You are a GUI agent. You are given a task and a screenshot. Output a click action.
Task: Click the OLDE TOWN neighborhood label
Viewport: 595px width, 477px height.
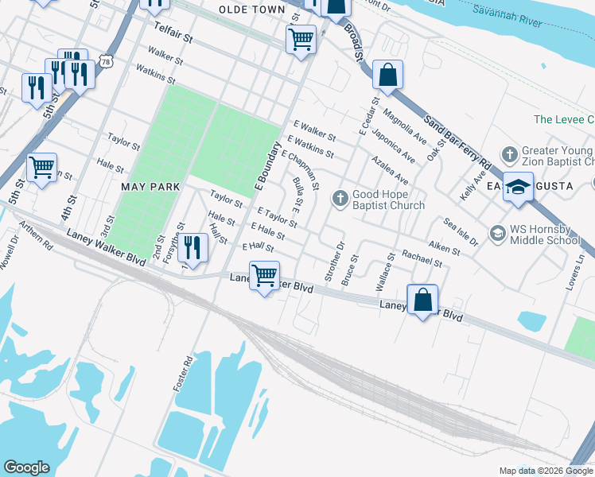(252, 10)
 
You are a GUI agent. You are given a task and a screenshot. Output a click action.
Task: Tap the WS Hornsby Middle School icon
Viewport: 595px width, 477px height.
(498, 233)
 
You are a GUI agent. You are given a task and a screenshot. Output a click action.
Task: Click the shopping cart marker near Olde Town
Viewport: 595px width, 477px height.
(301, 38)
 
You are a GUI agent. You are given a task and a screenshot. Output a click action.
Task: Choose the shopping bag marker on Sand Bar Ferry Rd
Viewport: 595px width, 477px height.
(387, 76)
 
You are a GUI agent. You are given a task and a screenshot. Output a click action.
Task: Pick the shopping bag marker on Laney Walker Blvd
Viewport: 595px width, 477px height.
(422, 301)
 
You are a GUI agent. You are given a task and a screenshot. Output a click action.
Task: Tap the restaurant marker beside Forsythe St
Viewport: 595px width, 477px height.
(192, 246)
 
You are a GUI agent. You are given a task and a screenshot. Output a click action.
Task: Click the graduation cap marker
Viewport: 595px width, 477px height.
(518, 187)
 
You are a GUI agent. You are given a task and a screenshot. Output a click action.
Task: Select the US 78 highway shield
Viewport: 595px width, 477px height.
(107, 61)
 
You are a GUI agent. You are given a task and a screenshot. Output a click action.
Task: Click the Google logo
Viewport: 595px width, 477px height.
(26, 467)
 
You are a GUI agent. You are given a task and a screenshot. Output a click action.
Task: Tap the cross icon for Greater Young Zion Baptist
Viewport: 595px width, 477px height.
(508, 153)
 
